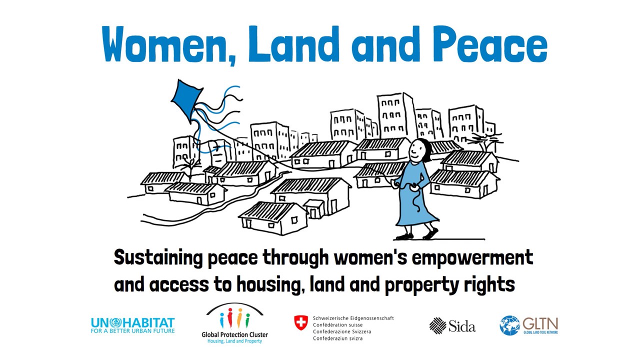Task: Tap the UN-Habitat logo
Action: pos(133,325)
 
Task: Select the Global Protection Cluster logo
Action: pos(234,323)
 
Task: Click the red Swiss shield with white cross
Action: pos(301,323)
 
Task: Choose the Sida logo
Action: pos(452,325)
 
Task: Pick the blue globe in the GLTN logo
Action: pos(509,325)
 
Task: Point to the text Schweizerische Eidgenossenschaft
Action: pos(353,318)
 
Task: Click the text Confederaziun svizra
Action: pos(337,338)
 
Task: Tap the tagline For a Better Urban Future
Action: pos(133,331)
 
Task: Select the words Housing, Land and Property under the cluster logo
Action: pos(234,341)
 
